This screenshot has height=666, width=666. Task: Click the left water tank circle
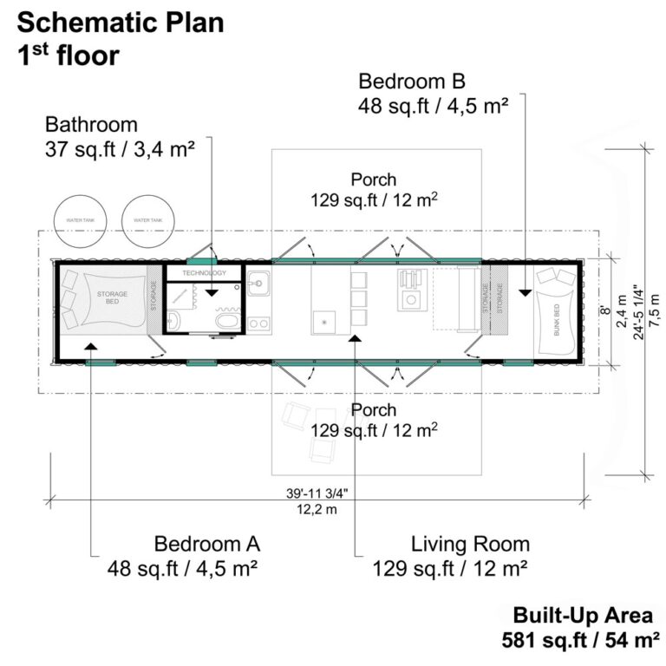click(x=79, y=220)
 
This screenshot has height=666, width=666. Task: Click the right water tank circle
click(x=147, y=220)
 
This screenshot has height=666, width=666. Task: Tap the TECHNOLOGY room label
click(x=203, y=273)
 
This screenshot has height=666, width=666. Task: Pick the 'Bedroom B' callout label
click(x=412, y=82)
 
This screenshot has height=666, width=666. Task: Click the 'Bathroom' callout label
click(x=91, y=124)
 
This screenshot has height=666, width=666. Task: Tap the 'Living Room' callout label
click(x=470, y=545)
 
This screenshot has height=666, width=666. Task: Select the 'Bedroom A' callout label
click(x=206, y=545)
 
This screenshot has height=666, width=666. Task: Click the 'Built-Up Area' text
click(x=582, y=616)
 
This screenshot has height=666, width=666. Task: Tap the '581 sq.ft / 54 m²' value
click(x=576, y=641)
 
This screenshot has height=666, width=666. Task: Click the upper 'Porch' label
click(x=374, y=180)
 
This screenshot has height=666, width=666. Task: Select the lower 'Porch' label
click(x=374, y=409)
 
